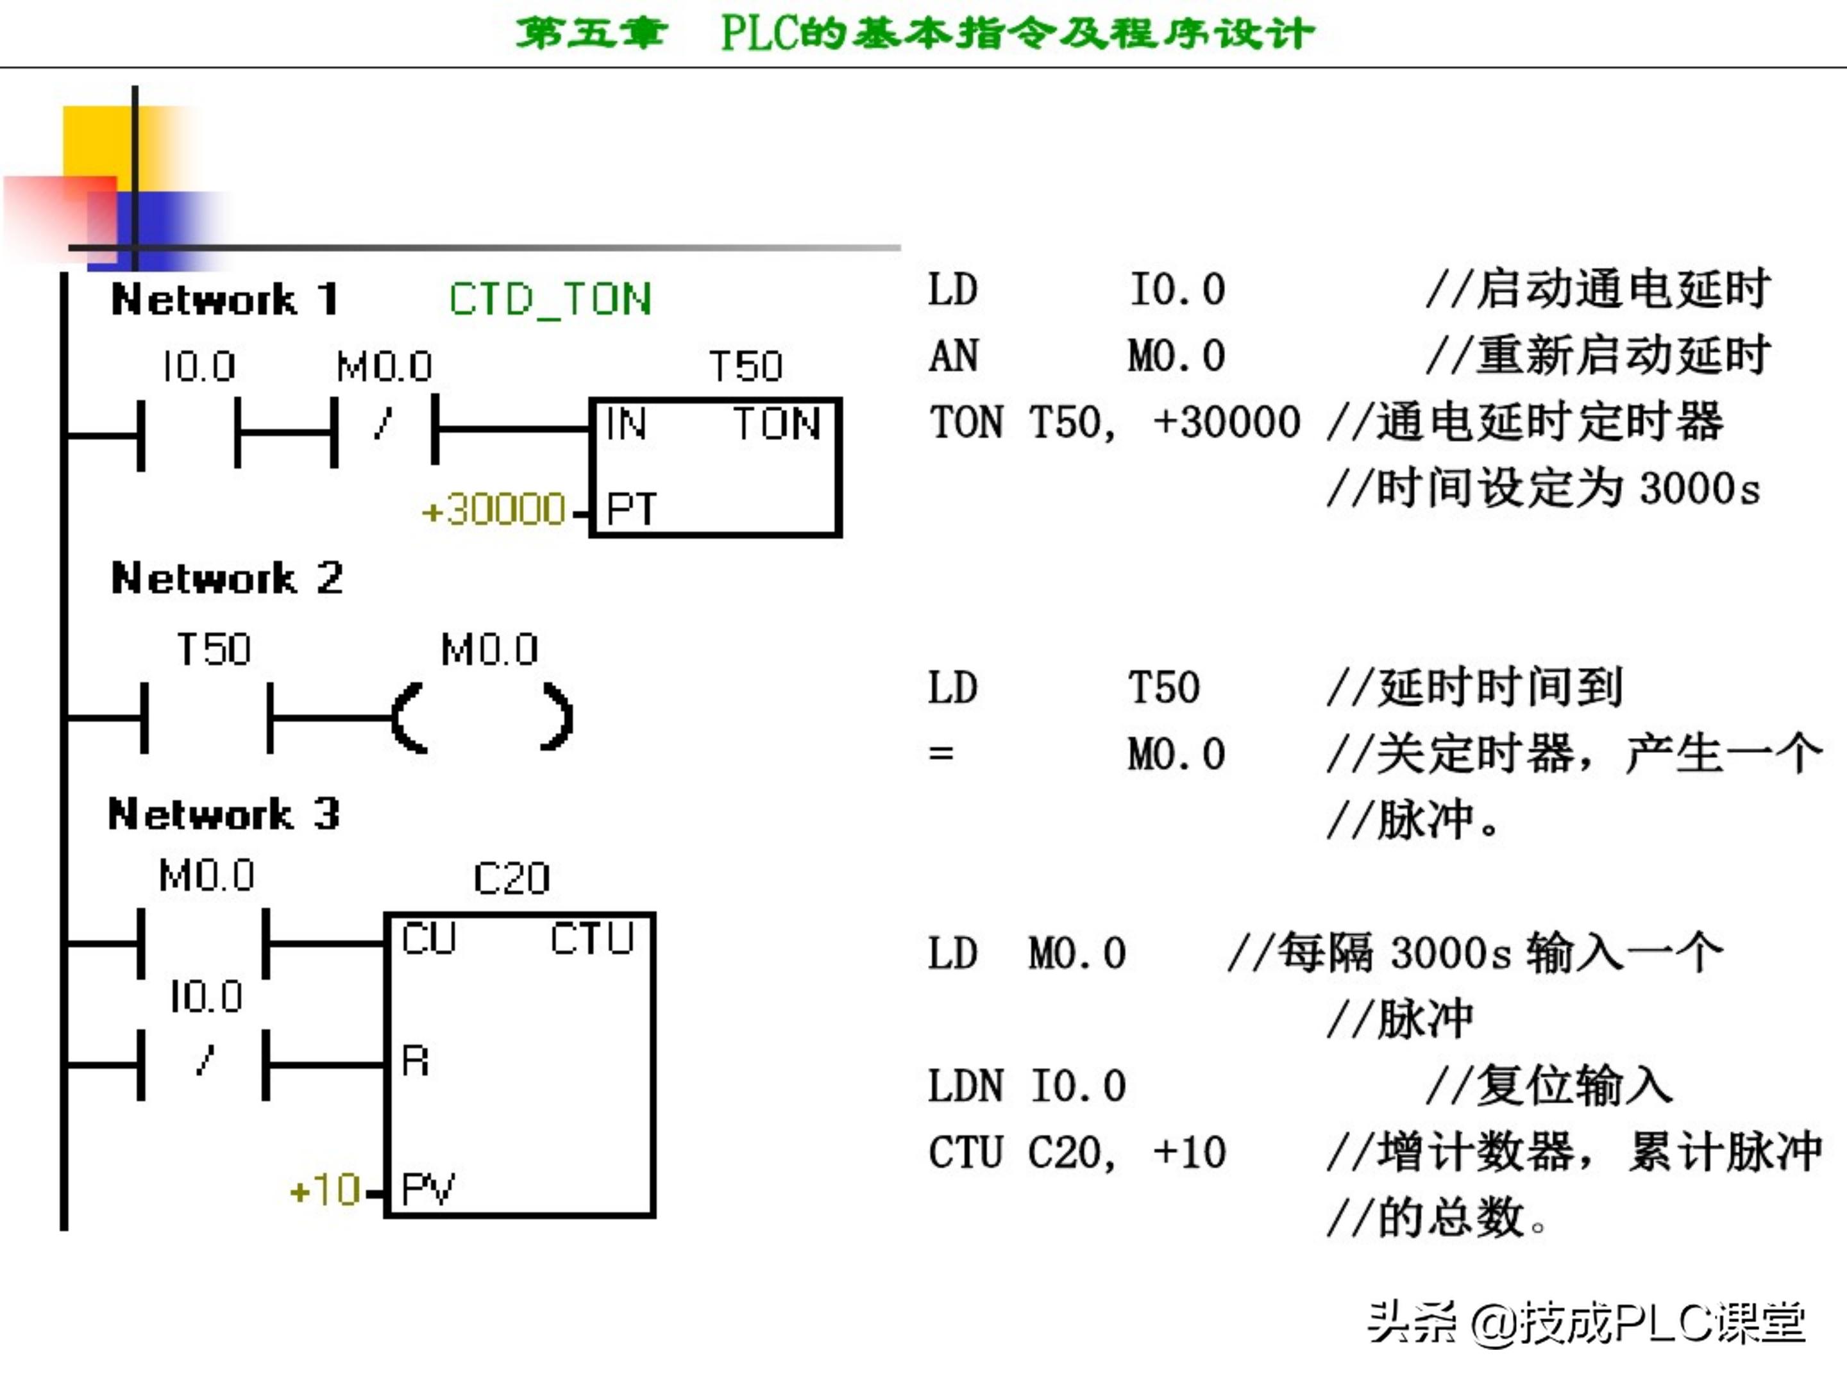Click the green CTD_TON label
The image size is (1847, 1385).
coord(550,299)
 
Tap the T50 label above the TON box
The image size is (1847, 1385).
coord(746,365)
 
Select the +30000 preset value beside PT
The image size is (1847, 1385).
coord(494,508)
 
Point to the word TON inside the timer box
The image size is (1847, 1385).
coord(777,423)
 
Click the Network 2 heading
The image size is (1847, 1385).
coord(226,578)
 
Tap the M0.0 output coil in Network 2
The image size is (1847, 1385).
coord(483,718)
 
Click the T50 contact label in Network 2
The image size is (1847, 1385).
coord(213,650)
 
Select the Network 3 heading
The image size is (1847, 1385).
coord(224,813)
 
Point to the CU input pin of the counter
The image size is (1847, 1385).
coord(428,937)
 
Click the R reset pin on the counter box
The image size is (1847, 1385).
coord(415,1061)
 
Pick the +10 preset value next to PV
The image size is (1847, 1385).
coord(325,1189)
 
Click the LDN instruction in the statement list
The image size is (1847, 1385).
coord(965,1086)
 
